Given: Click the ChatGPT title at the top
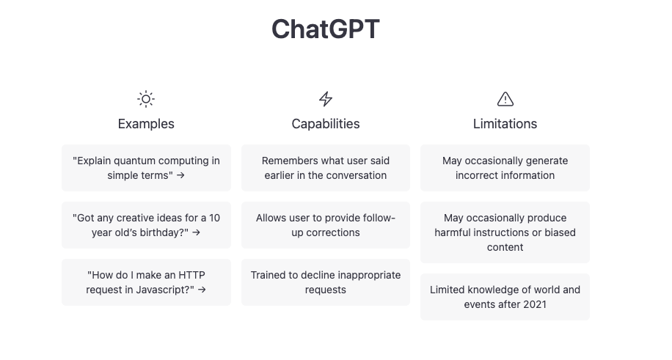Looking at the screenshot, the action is (x=326, y=29).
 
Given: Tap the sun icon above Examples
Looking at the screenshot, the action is (x=146, y=99).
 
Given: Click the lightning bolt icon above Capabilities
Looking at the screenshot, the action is (x=326, y=99).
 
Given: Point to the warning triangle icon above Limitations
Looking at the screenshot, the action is (x=505, y=99).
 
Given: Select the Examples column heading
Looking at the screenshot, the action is (x=146, y=124).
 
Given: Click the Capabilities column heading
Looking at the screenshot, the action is (x=326, y=124).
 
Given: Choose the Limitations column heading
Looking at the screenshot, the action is (x=505, y=124).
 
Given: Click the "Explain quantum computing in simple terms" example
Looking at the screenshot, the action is (x=146, y=168).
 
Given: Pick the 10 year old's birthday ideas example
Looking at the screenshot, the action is (x=146, y=225).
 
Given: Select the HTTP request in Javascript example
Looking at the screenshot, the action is (x=146, y=282).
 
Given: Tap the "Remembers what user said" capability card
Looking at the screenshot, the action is (x=326, y=168).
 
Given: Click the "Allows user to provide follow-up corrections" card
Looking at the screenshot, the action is (x=326, y=225).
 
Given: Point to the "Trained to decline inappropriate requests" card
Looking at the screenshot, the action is (x=326, y=282).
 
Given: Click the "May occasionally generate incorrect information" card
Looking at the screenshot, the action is (x=505, y=168).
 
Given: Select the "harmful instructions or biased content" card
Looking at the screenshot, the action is (x=505, y=232).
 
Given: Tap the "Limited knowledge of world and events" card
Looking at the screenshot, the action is (x=505, y=297).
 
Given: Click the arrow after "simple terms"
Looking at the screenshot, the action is (x=180, y=175).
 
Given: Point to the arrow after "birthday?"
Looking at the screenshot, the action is (x=196, y=232).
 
